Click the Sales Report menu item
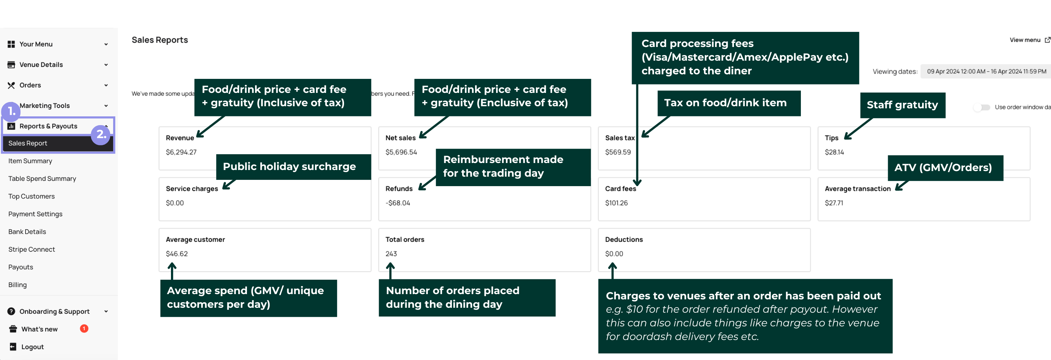[x=28, y=143]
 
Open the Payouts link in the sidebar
[x=21, y=267]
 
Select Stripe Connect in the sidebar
[x=32, y=249]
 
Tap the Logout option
[x=32, y=347]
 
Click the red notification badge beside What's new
[x=84, y=328]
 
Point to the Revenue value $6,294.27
[x=181, y=152]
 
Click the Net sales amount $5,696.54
[x=401, y=152]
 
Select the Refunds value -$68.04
[x=397, y=203]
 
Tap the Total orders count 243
[x=391, y=254]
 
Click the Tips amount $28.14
[x=834, y=152]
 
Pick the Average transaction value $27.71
[x=833, y=203]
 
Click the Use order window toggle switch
[x=982, y=107]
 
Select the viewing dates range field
[x=986, y=72]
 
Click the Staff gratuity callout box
[x=902, y=105]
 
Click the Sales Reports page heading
[x=159, y=40]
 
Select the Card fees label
[x=620, y=189]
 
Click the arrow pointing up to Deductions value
[x=612, y=270]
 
